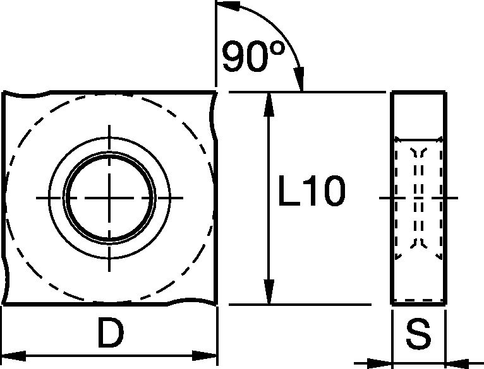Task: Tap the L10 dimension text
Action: point(312,194)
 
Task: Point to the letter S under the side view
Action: point(418,336)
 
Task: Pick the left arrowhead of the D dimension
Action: point(14,354)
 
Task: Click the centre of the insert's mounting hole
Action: point(111,197)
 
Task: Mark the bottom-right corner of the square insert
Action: point(216,304)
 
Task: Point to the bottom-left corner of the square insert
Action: point(5,304)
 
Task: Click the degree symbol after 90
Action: point(275,50)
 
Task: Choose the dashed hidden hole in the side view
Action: point(418,199)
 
